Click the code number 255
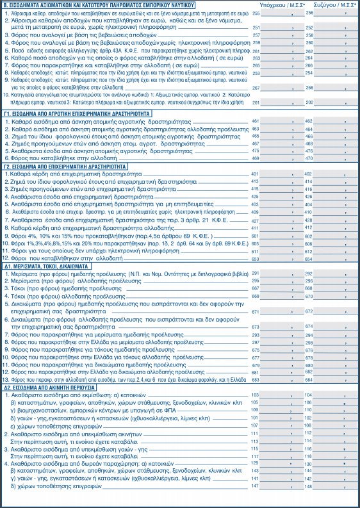(256, 13)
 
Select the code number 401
(255, 174)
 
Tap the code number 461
(255, 121)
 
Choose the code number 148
(308, 487)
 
